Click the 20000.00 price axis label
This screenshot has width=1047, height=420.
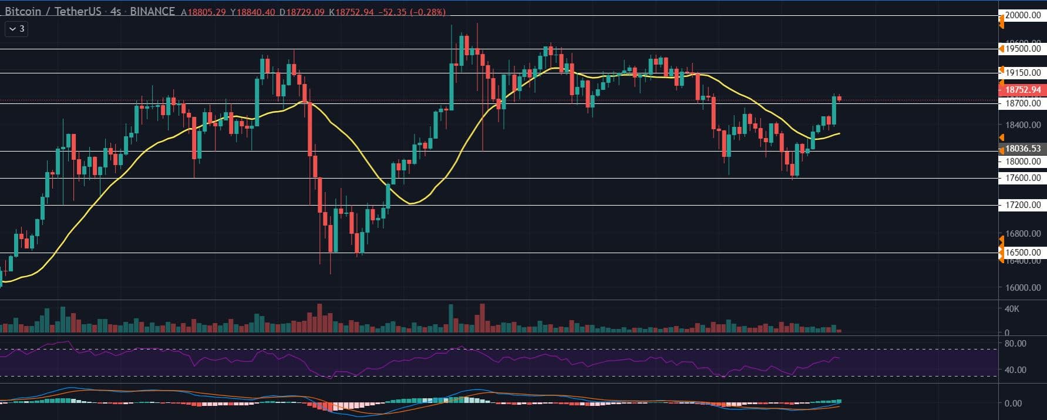tap(1023, 15)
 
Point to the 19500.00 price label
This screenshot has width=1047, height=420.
tap(1023, 49)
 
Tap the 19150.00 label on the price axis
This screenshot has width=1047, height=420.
tap(1023, 73)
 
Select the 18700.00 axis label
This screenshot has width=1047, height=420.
tap(1023, 103)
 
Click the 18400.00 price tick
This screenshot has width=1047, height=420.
tap(1023, 125)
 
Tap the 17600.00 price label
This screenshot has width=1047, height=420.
tap(1023, 178)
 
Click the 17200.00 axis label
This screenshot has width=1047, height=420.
tap(1023, 205)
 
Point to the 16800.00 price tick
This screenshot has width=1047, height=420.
tap(1023, 234)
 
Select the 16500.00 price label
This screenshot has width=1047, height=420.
tap(1023, 253)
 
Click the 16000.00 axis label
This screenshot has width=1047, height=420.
tap(1023, 288)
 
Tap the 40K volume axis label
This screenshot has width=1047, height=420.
tap(1012, 309)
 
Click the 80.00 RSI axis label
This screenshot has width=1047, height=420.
tap(1015, 343)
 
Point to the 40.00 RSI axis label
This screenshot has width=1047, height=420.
tap(1015, 370)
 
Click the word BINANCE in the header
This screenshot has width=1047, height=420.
tap(152, 11)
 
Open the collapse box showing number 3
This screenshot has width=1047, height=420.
tap(16, 28)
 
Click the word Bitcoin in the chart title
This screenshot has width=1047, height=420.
tap(23, 11)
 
